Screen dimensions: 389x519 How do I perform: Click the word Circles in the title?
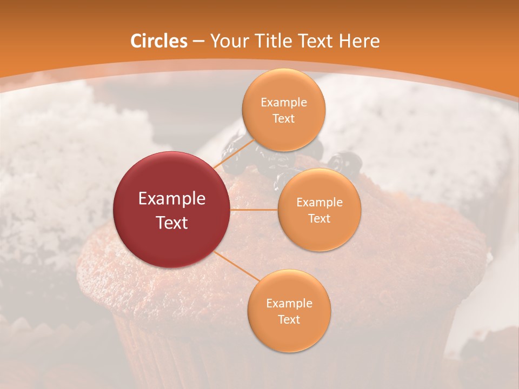(x=159, y=41)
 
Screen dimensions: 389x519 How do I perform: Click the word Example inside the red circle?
(x=172, y=199)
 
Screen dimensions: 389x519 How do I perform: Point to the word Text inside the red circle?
(x=172, y=223)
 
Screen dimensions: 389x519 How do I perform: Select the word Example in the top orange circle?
(x=283, y=103)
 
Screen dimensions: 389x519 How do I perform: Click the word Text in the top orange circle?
(x=283, y=119)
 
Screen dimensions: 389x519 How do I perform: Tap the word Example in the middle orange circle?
(x=319, y=203)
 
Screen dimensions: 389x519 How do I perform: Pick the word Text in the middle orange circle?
(x=319, y=219)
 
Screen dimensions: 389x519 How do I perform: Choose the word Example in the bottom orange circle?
(x=289, y=304)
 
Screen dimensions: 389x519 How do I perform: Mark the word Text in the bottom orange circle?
(x=289, y=320)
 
